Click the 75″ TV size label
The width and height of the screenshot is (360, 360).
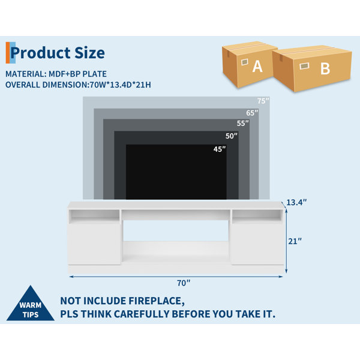coord(263,101)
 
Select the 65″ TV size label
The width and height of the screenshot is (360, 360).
coord(252,113)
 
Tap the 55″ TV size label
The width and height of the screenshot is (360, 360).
coord(243,123)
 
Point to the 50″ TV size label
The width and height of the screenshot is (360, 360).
coord(232,136)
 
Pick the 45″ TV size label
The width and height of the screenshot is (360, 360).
coord(220,149)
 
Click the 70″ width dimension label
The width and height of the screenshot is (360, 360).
coord(184,283)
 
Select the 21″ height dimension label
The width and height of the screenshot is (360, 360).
coord(295,241)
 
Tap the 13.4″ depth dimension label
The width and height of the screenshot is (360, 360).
coord(296,203)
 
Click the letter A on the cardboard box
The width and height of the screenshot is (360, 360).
coord(257,67)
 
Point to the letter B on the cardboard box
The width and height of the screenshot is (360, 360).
coord(325,68)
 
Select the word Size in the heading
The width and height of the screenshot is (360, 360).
coord(90,53)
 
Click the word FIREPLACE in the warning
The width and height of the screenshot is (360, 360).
coord(157,301)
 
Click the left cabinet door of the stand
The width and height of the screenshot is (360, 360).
coord(94,244)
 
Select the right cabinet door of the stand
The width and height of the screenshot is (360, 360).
coord(257,244)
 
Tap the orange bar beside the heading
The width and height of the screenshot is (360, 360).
coord(8,53)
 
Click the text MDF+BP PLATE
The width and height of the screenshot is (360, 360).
coord(77,74)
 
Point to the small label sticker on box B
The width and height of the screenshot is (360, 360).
coord(304,66)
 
